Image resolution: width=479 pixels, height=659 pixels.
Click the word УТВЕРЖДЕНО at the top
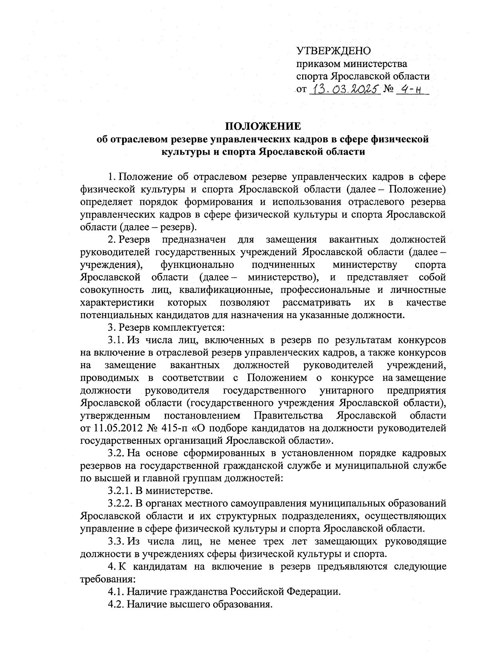[x=333, y=51]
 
